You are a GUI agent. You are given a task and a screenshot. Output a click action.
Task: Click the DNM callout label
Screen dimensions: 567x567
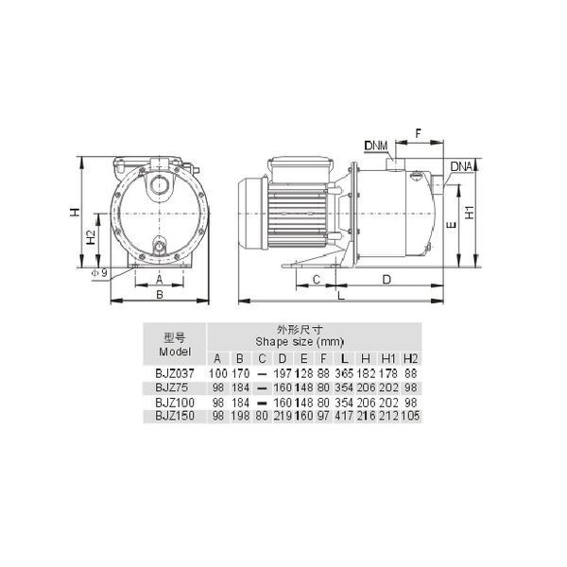tap(376, 146)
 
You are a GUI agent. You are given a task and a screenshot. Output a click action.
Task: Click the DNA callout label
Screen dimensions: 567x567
tap(461, 166)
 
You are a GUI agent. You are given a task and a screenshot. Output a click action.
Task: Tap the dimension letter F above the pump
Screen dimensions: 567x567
tap(419, 133)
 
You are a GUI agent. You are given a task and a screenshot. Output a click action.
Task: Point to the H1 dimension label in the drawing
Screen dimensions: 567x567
tap(470, 213)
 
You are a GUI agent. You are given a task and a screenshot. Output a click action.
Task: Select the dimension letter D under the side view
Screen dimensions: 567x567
tap(387, 280)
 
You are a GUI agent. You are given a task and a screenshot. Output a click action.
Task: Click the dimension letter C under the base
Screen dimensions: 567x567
tap(317, 280)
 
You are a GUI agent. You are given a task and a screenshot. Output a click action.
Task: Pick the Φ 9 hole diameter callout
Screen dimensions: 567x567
tap(100, 273)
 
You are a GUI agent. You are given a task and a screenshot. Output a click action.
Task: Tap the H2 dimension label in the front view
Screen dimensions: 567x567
tap(91, 237)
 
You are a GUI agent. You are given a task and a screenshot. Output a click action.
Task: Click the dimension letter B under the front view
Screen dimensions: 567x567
tap(160, 295)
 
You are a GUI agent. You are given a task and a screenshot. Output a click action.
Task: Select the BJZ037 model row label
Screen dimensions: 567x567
tap(175, 373)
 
